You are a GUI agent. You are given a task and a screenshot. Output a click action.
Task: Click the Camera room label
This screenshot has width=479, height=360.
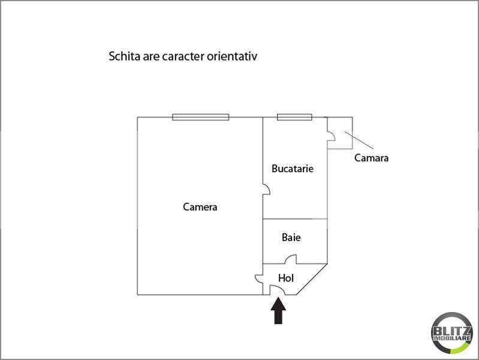tap(200, 207)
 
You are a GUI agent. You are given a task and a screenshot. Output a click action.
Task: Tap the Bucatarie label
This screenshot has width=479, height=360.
tap(292, 169)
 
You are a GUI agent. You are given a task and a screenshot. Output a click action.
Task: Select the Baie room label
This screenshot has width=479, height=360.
tap(291, 238)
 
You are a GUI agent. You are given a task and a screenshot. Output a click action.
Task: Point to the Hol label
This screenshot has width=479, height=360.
tap(286, 278)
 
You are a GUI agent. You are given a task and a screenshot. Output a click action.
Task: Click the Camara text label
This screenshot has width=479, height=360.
tap(371, 158)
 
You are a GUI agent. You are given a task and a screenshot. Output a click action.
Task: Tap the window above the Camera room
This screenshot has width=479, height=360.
tap(200, 117)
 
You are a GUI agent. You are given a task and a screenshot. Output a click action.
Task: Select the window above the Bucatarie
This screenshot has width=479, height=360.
tap(294, 117)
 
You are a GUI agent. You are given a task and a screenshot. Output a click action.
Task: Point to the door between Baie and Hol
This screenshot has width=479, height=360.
tap(290, 260)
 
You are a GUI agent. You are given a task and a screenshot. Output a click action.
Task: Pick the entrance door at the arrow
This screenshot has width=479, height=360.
tap(278, 290)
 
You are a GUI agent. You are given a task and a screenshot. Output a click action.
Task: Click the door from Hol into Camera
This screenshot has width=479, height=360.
tap(259, 279)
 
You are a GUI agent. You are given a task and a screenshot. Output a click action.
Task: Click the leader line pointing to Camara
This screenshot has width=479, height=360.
tap(359, 140)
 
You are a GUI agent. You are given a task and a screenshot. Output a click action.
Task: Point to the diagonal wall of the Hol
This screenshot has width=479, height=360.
tap(313, 280)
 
